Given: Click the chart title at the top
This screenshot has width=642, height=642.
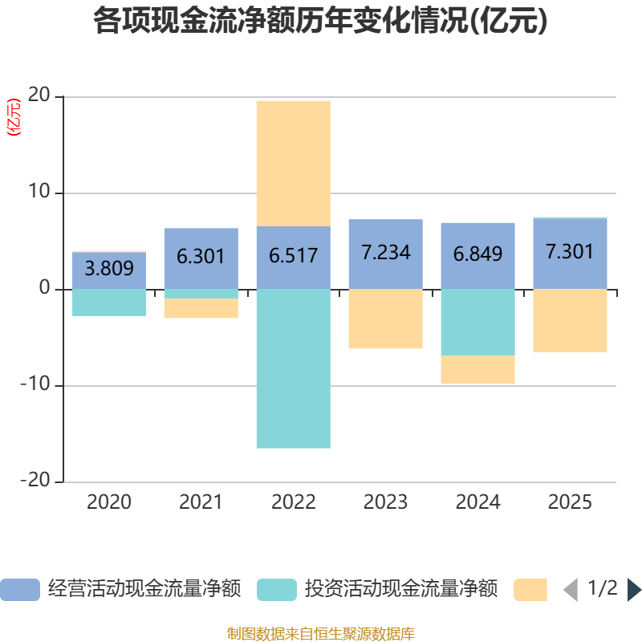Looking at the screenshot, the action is click(320, 21).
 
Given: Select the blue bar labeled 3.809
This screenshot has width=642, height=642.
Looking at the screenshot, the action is click(109, 270).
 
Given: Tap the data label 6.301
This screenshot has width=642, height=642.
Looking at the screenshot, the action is click(201, 256).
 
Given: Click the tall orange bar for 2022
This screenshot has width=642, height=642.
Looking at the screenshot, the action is click(294, 164).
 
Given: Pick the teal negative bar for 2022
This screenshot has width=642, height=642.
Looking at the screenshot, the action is click(294, 368).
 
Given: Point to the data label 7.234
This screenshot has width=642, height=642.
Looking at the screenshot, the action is click(386, 252).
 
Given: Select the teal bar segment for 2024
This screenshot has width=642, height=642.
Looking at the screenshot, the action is click(477, 323).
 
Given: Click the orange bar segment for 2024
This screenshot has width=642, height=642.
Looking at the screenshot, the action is click(477, 369).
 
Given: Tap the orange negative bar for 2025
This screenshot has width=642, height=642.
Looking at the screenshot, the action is click(570, 320).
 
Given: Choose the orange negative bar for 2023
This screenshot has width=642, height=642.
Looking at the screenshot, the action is click(386, 319).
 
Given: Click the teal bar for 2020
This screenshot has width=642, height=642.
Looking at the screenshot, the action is click(109, 303).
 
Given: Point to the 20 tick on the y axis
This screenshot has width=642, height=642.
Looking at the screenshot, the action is click(39, 95).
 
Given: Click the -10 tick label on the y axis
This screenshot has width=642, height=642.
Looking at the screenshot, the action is click(35, 384).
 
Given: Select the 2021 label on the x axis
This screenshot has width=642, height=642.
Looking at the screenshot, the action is click(201, 502).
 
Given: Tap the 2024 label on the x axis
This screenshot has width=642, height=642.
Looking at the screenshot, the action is click(477, 502).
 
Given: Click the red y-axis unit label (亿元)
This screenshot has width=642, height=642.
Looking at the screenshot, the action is click(14, 117).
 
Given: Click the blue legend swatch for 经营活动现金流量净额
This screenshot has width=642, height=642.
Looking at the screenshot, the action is click(20, 590).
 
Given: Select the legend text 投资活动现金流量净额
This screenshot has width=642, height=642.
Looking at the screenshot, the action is click(400, 589).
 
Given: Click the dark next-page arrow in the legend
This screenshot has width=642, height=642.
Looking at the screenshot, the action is click(634, 590).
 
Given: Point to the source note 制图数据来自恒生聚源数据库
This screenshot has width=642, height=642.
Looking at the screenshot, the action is click(320, 634).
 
